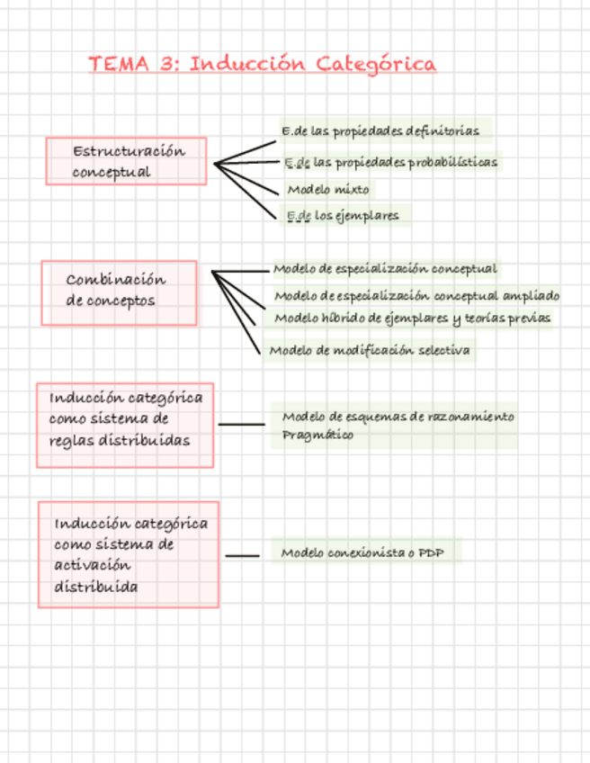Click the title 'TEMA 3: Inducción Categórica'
(263, 64)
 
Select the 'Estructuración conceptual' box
(127, 161)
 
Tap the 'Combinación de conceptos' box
(119, 292)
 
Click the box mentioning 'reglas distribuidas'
(125, 425)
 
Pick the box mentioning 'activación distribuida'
(129, 554)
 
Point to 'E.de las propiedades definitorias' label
(380, 131)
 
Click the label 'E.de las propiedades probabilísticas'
(390, 163)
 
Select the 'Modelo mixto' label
(327, 190)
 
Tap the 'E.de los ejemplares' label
(341, 216)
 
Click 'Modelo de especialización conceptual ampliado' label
(416, 296)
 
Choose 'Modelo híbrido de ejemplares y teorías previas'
(412, 318)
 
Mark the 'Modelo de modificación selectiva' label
(370, 350)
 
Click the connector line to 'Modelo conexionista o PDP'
(242, 556)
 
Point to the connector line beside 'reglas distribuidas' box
(242, 424)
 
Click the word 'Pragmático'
(317, 435)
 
